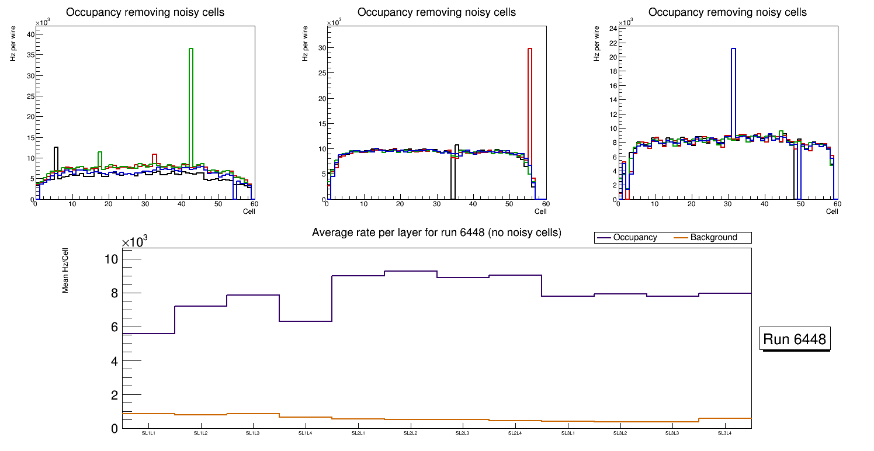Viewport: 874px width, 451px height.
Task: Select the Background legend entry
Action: [713, 238]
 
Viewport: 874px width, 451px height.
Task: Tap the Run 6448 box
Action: [795, 339]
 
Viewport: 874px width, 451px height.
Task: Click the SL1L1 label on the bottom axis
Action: [148, 433]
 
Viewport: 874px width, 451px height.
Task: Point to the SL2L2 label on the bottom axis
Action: [410, 433]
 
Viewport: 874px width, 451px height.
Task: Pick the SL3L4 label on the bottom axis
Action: [724, 433]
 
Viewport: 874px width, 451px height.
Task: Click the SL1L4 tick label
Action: [306, 433]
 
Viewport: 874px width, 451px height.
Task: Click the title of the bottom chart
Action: [436, 233]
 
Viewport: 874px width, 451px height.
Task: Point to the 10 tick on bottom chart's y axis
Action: [112, 259]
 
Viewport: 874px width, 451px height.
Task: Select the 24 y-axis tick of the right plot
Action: [613, 29]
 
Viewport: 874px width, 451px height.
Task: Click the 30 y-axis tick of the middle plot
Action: [320, 48]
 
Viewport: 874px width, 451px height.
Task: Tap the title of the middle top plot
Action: [436, 12]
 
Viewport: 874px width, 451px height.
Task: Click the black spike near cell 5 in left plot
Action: [56, 158]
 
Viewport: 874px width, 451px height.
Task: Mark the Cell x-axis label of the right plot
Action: [832, 211]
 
